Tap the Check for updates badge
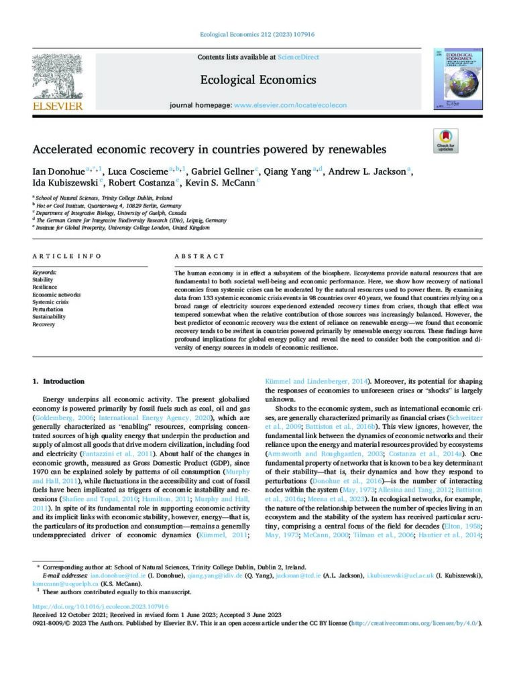coord(445,141)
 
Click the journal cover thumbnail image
coord(458,79)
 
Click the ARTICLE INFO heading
coord(67,256)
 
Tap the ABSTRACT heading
coord(199,256)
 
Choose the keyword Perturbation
coord(48,310)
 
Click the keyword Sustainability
coord(50,317)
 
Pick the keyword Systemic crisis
coord(51,302)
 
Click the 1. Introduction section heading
coord(59,382)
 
